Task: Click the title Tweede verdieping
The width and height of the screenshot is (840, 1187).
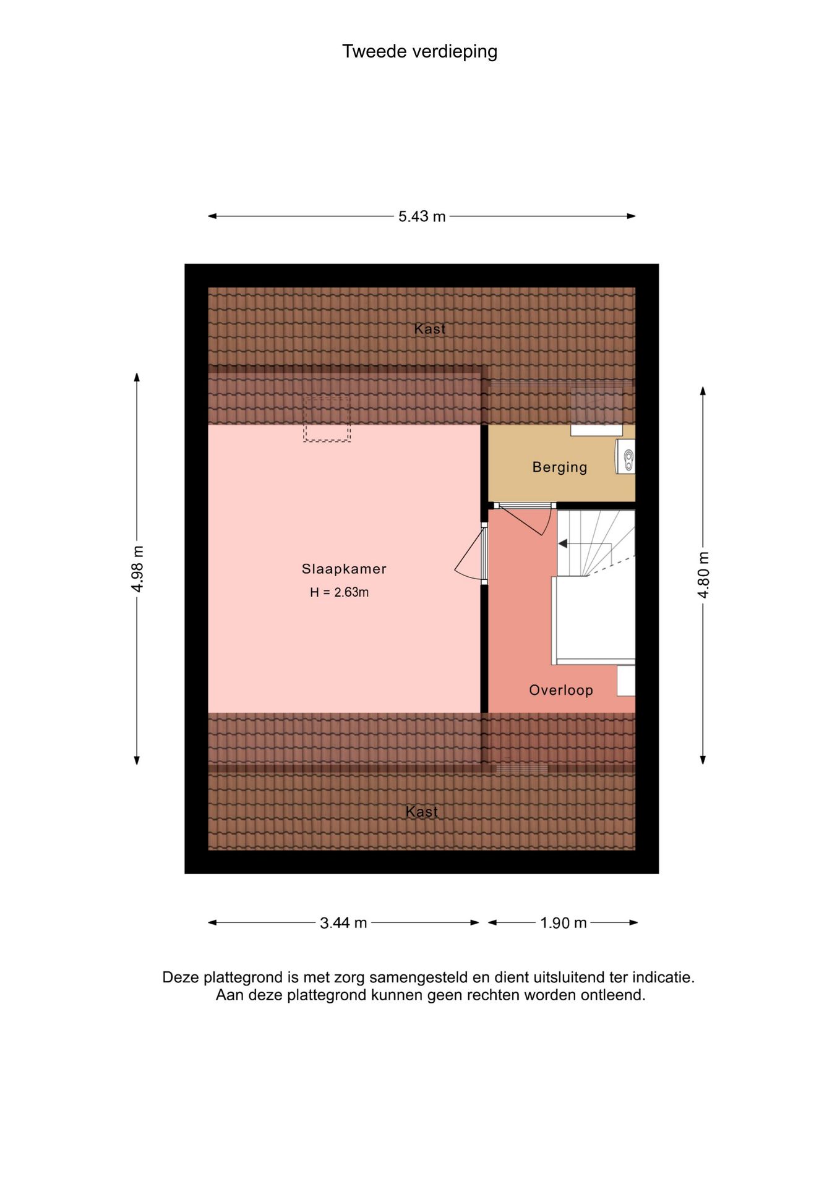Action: pyautogui.click(x=419, y=51)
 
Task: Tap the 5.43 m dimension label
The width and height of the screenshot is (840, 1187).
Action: pyautogui.click(x=422, y=216)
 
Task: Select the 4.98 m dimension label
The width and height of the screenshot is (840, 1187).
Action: pyautogui.click(x=137, y=569)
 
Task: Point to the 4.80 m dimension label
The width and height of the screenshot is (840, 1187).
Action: pyautogui.click(x=703, y=574)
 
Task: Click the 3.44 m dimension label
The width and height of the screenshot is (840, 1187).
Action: pyautogui.click(x=343, y=923)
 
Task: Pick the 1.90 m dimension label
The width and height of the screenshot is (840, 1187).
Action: pyautogui.click(x=563, y=923)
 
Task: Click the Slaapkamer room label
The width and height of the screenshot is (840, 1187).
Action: pyautogui.click(x=344, y=569)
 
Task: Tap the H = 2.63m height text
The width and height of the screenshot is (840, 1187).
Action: pyautogui.click(x=339, y=592)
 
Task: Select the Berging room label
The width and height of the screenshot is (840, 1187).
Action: pyautogui.click(x=560, y=467)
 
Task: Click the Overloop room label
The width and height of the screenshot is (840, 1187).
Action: pyautogui.click(x=561, y=690)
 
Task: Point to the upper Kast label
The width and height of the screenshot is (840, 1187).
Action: pyautogui.click(x=430, y=329)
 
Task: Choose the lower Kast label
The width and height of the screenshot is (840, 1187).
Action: pyautogui.click(x=422, y=812)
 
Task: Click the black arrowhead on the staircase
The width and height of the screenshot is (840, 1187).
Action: pyautogui.click(x=563, y=543)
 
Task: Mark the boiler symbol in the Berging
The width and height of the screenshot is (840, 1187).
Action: pyautogui.click(x=625, y=457)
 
